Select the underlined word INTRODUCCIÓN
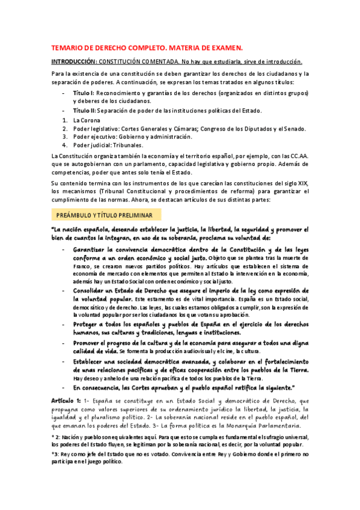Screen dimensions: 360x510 click(73, 62)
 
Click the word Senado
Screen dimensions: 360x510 click(294, 128)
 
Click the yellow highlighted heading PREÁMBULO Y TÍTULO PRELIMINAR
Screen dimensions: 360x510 click(104, 215)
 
